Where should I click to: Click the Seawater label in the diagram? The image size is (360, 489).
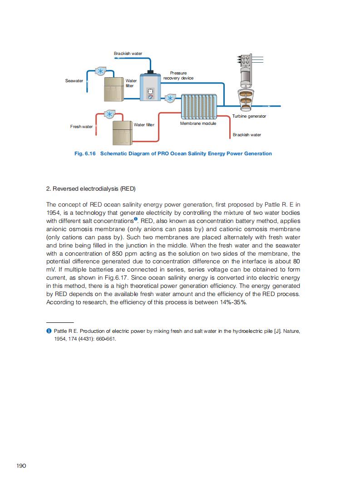pyautogui.click(x=74, y=81)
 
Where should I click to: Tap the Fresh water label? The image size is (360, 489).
pyautogui.click(x=81, y=127)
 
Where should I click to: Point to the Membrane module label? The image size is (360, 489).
pyautogui.click(x=198, y=123)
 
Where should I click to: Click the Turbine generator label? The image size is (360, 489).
pyautogui.click(x=249, y=116)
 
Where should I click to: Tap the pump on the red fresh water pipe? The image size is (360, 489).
pyautogui.click(x=110, y=114)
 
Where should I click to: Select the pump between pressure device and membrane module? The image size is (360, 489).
pyautogui.click(x=170, y=99)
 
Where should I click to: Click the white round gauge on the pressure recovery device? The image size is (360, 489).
pyautogui.click(x=151, y=91)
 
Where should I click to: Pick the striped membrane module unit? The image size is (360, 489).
pyautogui.click(x=200, y=107)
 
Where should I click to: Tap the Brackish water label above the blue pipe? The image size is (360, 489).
pyautogui.click(x=128, y=54)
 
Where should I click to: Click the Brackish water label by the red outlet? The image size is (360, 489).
pyautogui.click(x=247, y=135)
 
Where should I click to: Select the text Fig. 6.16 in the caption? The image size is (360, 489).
pyautogui.click(x=85, y=153)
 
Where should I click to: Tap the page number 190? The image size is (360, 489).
pyautogui.click(x=21, y=466)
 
